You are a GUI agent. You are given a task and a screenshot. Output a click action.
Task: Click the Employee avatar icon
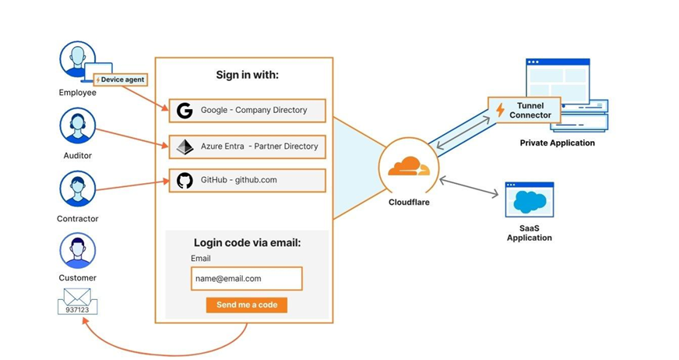pos(77,61)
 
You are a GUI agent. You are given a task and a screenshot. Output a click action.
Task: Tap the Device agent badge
pos(120,79)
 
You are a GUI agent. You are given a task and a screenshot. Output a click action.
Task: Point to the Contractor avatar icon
pos(77,189)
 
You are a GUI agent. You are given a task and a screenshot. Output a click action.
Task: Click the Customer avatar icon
pos(77,250)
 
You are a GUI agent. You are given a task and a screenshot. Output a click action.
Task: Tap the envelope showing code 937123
pos(78,302)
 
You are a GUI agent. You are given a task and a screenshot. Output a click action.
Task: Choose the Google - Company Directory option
pos(247,111)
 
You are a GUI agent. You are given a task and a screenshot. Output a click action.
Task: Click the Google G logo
pos(185,111)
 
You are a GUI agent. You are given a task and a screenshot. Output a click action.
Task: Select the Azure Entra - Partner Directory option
pos(247,146)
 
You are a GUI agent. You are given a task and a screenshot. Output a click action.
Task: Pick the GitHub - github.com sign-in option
pos(247,181)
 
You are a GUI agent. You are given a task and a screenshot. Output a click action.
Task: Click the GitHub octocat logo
pos(185,181)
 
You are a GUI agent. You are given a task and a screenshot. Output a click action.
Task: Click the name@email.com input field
pos(246,278)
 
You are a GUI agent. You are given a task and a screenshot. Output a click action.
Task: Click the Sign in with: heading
pos(247,76)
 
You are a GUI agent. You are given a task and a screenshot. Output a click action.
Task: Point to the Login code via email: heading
pos(247,243)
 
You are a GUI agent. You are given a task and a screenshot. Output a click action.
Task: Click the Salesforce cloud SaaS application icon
pos(529,200)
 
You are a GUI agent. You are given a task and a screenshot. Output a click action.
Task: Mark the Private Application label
pos(557,143)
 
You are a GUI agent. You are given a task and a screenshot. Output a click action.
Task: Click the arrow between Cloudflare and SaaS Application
pos(470,187)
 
